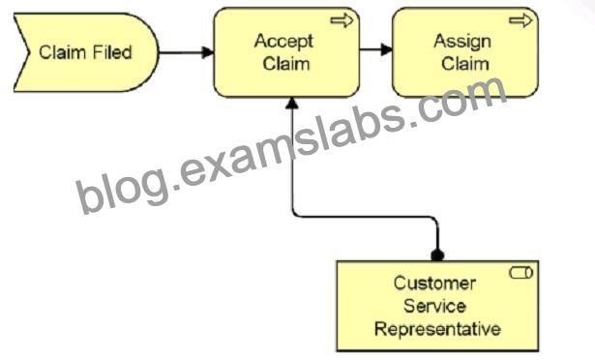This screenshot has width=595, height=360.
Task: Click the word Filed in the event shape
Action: tap(112, 52)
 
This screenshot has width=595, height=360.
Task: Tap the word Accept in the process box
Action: tap(283, 42)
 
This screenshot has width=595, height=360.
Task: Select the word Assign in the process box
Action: tap(462, 42)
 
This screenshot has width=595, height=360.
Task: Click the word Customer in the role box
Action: tap(434, 284)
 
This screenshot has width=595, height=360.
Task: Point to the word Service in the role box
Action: tap(434, 306)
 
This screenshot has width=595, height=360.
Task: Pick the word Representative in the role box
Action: tap(437, 329)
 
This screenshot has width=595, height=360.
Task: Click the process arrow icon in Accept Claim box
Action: tap(342, 20)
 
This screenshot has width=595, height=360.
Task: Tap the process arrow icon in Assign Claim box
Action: tap(521, 20)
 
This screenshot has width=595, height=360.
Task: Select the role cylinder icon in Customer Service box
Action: tap(521, 273)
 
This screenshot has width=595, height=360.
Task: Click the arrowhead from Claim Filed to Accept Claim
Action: tap(208, 52)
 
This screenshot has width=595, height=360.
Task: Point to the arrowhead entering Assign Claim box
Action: tap(387, 49)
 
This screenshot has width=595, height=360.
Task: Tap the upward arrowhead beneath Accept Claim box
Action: tap(292, 104)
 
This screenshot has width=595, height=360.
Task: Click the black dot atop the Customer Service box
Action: tap(437, 255)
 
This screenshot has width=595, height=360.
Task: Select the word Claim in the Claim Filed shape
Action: tap(64, 52)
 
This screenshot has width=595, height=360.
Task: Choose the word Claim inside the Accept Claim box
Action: tap(286, 64)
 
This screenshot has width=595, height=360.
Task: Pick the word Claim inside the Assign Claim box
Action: tap(464, 64)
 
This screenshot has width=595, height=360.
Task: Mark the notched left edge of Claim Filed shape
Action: tap(22, 52)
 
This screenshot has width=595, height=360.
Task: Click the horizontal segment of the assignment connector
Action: tap(365, 218)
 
